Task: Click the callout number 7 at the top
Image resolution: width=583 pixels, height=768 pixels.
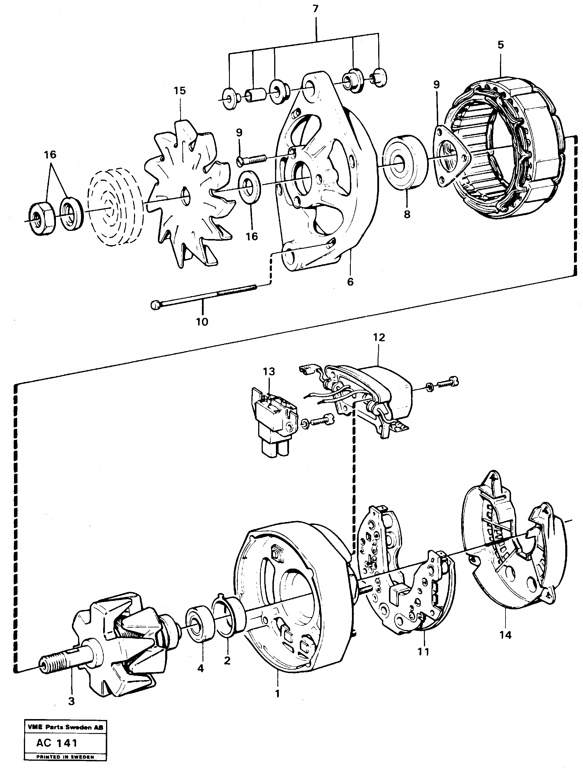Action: [x=315, y=9]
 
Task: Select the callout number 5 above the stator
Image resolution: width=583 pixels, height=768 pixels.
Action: [x=500, y=45]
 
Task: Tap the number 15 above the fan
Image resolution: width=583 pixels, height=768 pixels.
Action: [x=180, y=91]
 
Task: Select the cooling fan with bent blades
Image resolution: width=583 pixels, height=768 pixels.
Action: [x=188, y=194]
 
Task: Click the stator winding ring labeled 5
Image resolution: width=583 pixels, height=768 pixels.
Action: [x=511, y=146]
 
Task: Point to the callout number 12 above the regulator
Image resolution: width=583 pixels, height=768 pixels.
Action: [x=379, y=337]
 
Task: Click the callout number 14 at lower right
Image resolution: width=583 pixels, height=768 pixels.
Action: [x=505, y=635]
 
